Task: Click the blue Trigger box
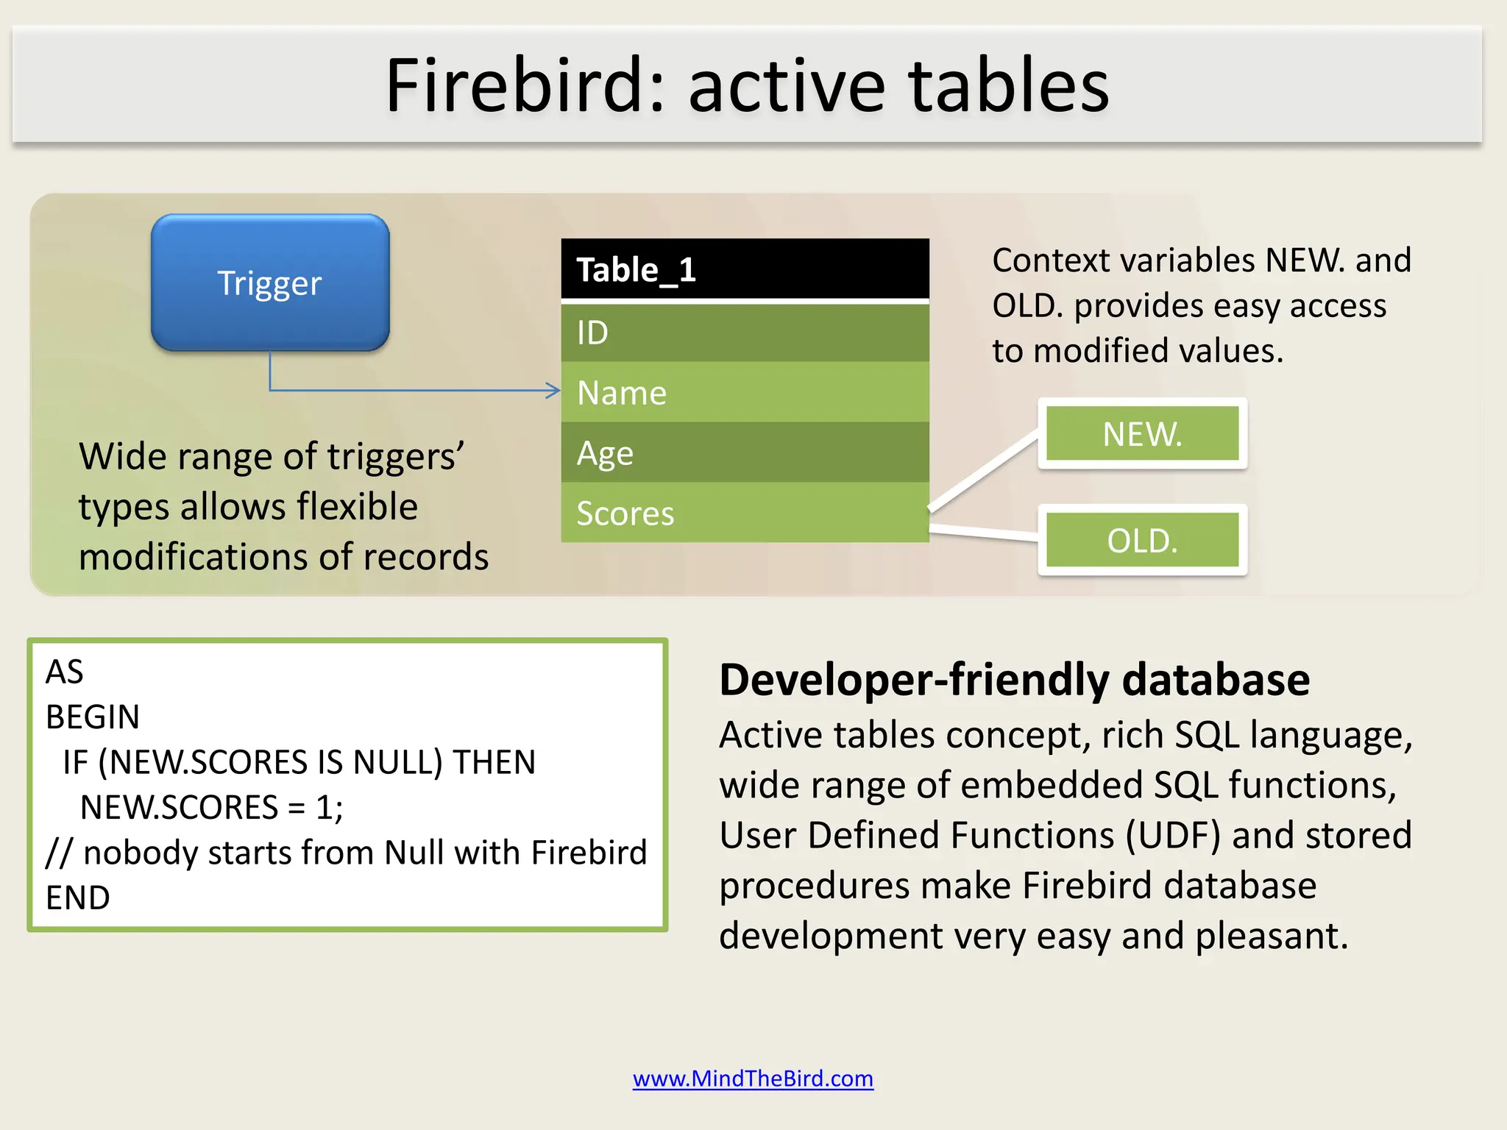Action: pos(270,282)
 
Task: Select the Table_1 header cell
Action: pos(745,269)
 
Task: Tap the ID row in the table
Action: pos(745,333)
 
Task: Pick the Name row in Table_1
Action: pos(745,392)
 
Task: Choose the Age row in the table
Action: pos(745,452)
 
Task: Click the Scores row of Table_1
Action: pos(745,513)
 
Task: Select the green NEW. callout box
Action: pos(1142,434)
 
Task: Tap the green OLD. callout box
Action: pos(1142,541)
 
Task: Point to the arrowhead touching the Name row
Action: pos(554,391)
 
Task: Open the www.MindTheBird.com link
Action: pos(753,1079)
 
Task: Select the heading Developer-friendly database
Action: pos(1014,679)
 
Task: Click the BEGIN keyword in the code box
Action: pos(93,717)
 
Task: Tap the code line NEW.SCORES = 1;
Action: pos(211,807)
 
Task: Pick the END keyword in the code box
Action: pos(78,898)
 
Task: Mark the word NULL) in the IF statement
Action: pos(398,762)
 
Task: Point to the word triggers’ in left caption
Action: pos(396,457)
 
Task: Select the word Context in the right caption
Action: pos(1049,260)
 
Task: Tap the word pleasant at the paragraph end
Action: pos(1270,937)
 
